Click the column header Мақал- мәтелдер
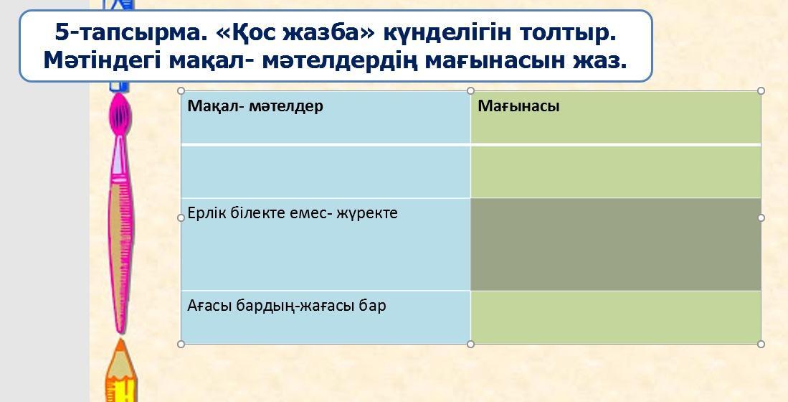coord(255,106)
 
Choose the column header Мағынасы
coord(518,106)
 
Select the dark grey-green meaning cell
coord(616,244)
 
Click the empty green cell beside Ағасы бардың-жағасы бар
coord(616,317)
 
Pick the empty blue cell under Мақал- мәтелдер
coord(326,172)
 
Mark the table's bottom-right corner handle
coord(761,344)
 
